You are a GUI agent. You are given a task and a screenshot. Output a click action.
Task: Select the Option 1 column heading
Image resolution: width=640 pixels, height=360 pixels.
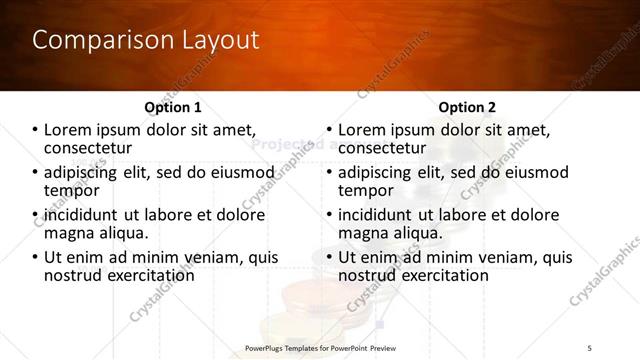[x=173, y=107]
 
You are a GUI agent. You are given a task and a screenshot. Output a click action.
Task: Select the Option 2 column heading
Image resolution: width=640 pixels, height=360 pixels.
[x=466, y=107]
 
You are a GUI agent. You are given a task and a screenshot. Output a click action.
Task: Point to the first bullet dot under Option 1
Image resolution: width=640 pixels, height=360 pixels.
[x=35, y=130]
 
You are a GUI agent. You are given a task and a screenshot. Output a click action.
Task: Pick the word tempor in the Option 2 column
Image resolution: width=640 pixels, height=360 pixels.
[x=366, y=190]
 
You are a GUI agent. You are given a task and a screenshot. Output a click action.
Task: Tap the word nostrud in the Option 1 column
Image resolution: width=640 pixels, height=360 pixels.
[x=72, y=274]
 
